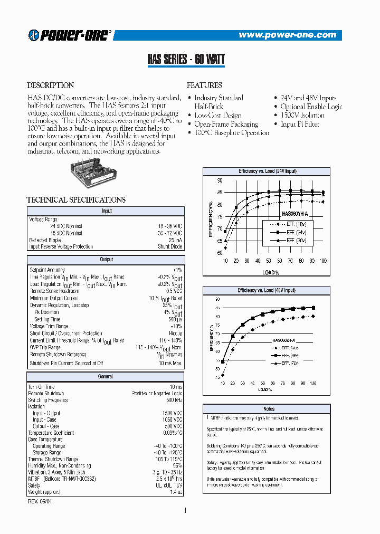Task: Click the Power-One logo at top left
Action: point(69,35)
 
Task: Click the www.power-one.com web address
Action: point(287,35)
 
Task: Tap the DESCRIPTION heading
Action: point(51,85)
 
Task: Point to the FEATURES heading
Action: point(204,85)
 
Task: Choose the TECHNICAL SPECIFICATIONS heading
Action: point(76,200)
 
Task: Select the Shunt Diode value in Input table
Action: point(170,246)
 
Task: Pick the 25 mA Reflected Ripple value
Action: point(174,240)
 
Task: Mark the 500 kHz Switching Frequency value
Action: point(174,400)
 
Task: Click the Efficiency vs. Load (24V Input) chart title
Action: point(267,171)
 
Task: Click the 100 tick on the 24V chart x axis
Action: point(323,261)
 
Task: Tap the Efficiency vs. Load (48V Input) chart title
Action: point(267,291)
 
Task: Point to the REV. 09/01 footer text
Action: point(40,501)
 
